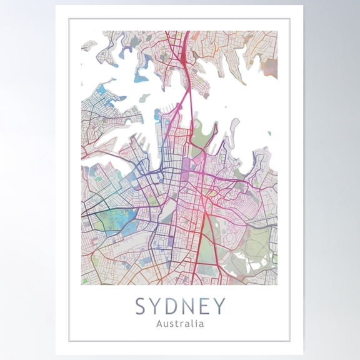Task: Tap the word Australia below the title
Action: (180, 324)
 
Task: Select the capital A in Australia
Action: (159, 324)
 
